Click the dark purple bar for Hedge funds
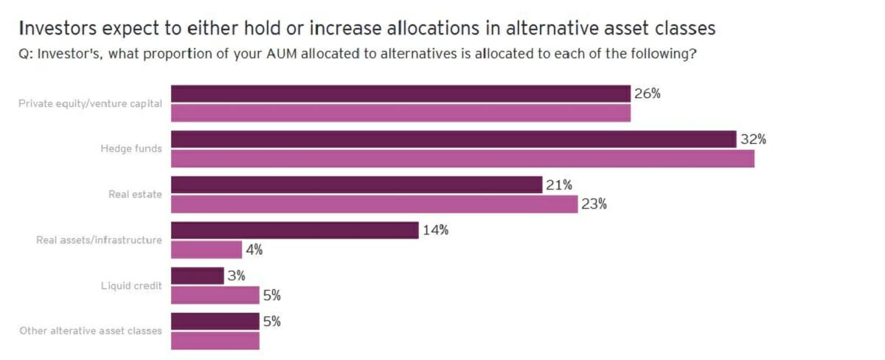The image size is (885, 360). [454, 139]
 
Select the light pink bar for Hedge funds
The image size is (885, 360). [462, 159]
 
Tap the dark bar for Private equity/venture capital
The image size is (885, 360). [400, 94]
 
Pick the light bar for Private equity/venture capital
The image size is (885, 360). [400, 113]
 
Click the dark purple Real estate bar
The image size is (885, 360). [356, 184]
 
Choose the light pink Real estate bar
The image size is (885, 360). [374, 204]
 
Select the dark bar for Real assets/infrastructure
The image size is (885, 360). [294, 230]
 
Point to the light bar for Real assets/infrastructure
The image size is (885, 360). [206, 249]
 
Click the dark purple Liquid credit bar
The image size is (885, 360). [197, 276]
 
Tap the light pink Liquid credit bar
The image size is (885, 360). [215, 295]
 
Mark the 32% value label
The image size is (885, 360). [754, 139]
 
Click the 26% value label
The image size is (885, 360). [648, 94]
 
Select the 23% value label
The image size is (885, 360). [594, 204]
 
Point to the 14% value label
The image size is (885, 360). [436, 230]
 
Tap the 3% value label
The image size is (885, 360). [237, 276]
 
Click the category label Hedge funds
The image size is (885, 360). [131, 149]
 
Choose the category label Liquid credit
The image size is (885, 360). [131, 285]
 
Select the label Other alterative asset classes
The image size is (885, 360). [91, 330]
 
